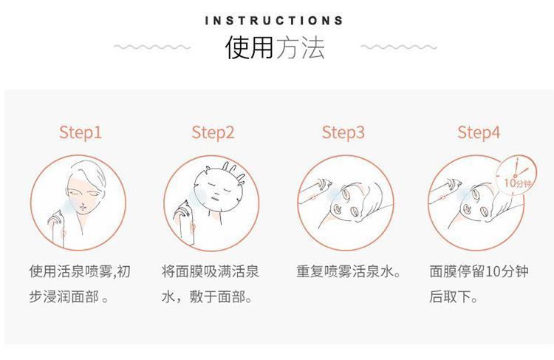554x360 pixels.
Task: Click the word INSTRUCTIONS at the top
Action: (274, 21)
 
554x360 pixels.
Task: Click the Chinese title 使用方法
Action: (275, 47)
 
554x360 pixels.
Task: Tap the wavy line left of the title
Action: (152, 47)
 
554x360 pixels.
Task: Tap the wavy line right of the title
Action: (399, 47)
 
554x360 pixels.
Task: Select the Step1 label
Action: (81, 132)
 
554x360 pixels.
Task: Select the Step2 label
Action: (213, 132)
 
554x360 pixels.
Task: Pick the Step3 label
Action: (343, 132)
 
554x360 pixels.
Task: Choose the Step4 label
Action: (479, 132)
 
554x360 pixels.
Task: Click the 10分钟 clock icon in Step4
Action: (516, 176)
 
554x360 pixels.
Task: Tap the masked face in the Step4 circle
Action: (477, 203)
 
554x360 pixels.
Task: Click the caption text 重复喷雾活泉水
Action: (349, 271)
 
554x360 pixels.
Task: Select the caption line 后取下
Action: (454, 296)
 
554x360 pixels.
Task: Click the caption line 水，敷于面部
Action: (207, 296)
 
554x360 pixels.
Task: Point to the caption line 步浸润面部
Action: (69, 296)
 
